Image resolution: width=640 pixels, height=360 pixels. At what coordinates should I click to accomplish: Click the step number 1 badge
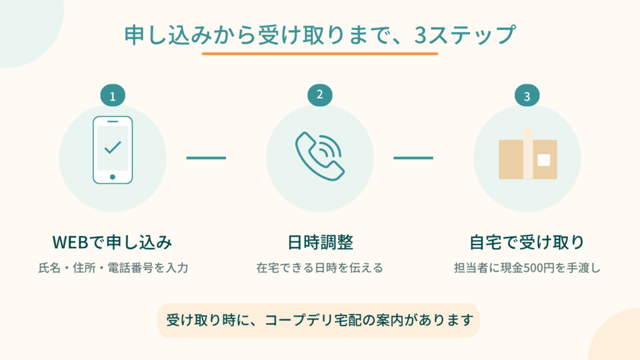(x=112, y=96)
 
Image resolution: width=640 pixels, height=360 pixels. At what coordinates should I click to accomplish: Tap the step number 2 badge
(x=320, y=95)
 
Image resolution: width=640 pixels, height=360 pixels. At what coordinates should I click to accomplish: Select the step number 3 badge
(x=527, y=96)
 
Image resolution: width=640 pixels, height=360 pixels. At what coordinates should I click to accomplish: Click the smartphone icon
(x=112, y=150)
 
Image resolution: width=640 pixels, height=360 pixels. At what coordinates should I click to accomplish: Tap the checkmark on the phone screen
(x=112, y=147)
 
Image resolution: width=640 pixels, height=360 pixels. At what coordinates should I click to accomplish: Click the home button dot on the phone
(x=112, y=177)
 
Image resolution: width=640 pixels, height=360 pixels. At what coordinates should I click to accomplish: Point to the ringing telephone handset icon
(x=320, y=156)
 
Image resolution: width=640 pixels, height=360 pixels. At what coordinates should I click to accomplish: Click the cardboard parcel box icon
(x=527, y=154)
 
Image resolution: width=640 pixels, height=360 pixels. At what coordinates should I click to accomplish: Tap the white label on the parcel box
(x=544, y=160)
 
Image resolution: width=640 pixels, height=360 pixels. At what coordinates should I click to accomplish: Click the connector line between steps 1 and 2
(x=206, y=158)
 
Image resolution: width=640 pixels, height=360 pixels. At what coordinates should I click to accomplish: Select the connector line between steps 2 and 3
(x=413, y=158)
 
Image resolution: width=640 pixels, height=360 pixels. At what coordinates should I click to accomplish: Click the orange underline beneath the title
(x=320, y=54)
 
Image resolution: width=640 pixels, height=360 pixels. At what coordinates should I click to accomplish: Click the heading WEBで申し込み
(x=112, y=242)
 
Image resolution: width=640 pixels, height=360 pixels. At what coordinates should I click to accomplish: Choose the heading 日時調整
(x=320, y=242)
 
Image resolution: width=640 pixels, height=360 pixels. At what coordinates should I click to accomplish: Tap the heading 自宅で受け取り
(x=527, y=242)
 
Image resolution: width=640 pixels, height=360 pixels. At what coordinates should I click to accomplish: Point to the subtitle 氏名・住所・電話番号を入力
(x=113, y=268)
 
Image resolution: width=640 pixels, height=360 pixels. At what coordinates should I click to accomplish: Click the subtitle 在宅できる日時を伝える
(x=319, y=268)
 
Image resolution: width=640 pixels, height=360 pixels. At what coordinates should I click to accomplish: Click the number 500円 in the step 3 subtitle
(x=539, y=268)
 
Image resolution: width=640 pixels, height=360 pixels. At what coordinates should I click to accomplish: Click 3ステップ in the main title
(x=465, y=35)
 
